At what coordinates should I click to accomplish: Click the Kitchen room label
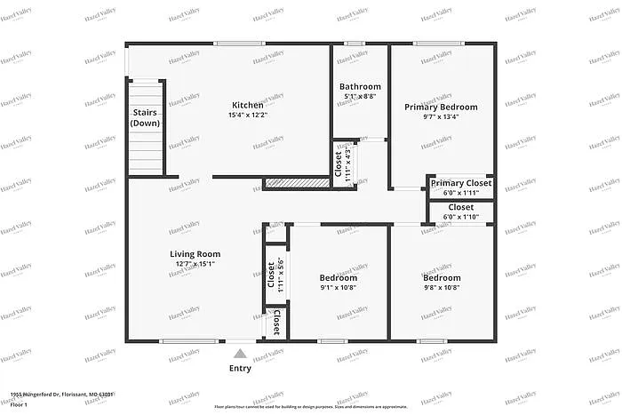[248, 105]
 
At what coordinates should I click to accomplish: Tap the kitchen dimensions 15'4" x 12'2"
[248, 115]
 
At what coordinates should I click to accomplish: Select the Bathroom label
[360, 87]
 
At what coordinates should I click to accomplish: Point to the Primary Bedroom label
[441, 107]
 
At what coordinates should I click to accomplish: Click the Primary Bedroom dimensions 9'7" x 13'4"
[441, 116]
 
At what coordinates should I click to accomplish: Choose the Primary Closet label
[460, 183]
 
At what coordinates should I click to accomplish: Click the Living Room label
[195, 254]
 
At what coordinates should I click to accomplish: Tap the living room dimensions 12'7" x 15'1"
[195, 263]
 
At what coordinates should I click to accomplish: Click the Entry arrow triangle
[240, 354]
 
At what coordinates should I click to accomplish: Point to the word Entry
[240, 368]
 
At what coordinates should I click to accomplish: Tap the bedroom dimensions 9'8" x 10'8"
[442, 287]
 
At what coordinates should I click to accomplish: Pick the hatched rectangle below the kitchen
[297, 183]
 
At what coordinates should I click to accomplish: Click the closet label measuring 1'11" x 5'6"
[275, 275]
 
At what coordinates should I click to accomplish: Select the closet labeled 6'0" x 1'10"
[460, 211]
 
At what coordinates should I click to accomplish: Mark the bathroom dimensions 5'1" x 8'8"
[360, 96]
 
